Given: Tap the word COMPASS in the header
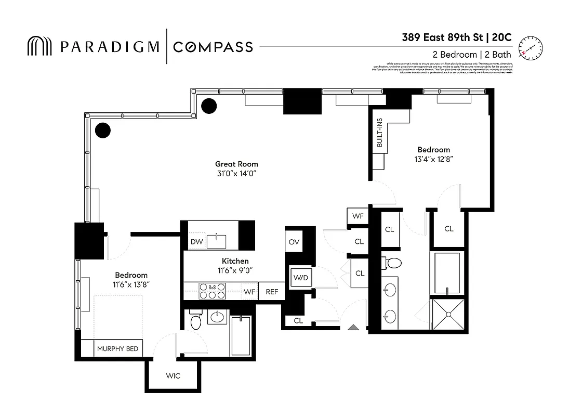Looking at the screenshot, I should [x=213, y=47].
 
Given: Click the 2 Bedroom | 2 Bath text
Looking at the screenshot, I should [x=471, y=55].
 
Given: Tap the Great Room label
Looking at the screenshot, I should [x=236, y=164].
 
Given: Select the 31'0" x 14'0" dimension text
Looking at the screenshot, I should [x=236, y=173].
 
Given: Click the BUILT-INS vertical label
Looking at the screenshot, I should [x=380, y=133].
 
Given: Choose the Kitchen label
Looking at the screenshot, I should [x=235, y=261].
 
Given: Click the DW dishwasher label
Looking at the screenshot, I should [x=196, y=241].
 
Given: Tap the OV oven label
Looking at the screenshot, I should [x=294, y=242].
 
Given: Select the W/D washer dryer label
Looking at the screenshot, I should [x=300, y=277].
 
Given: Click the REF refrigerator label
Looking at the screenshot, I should [x=272, y=292].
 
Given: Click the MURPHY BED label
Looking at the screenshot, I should [x=118, y=348].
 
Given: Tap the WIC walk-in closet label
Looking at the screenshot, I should [x=173, y=375].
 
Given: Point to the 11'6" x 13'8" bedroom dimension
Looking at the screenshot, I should [x=131, y=284].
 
